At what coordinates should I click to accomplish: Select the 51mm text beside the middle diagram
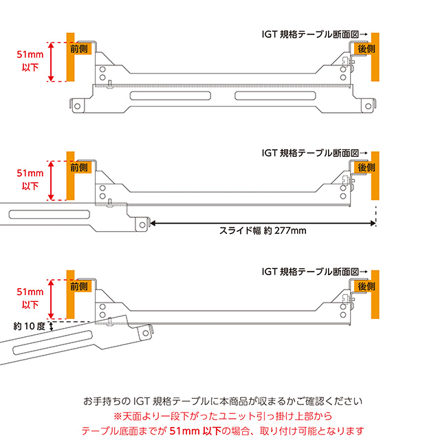tap(31, 173)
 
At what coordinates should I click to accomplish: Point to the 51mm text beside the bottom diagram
tap(31, 291)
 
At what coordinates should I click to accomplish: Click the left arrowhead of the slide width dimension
tap(152, 223)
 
